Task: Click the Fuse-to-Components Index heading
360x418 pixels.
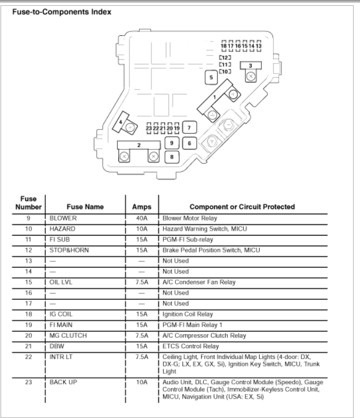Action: (x=62, y=12)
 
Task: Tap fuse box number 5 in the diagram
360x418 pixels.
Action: (x=211, y=78)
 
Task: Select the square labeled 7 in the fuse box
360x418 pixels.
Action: (x=189, y=128)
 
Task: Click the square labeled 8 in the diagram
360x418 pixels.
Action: (x=171, y=157)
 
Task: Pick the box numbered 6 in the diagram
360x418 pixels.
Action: (x=189, y=143)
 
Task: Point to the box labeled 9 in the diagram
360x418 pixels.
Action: (x=171, y=143)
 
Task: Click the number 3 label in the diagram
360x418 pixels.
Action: (x=250, y=65)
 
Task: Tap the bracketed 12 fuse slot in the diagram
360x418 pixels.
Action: (x=225, y=57)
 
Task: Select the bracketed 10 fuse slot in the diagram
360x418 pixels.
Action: (x=225, y=71)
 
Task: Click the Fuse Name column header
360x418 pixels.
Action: (x=85, y=207)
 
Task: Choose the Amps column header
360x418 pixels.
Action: (x=141, y=207)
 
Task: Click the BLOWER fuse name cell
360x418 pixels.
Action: (x=63, y=218)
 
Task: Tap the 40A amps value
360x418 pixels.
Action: (x=141, y=218)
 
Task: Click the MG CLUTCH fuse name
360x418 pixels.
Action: (x=68, y=335)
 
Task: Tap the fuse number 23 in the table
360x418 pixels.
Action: (x=28, y=382)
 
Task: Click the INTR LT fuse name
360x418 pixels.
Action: (x=61, y=357)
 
